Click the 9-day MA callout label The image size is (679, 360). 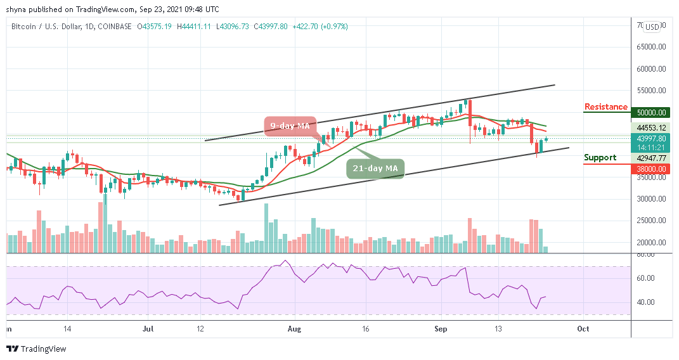coord(289,126)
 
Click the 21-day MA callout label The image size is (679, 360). coord(375,168)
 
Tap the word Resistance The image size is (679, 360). coord(605,107)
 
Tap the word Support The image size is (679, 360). coord(600,158)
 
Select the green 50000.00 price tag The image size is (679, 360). coord(652,113)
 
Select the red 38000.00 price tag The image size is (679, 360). coord(652,169)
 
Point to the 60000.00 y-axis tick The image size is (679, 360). coord(652,68)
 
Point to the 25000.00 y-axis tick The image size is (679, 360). coord(652,221)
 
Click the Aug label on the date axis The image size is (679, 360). coord(294,329)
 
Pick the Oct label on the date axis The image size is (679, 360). coord(583,329)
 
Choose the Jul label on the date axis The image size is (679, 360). coord(148,329)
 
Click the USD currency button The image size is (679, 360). coord(652,27)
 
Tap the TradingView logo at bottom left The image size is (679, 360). coord(36,349)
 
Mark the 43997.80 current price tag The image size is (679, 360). coord(652,138)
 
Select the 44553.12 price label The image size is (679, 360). coord(652,127)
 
